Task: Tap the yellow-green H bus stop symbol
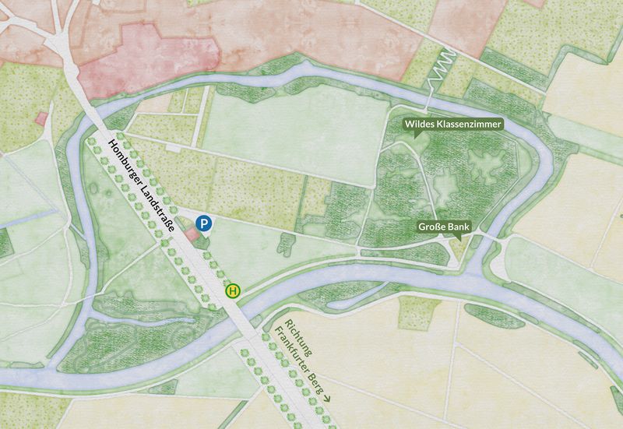coord(233,290)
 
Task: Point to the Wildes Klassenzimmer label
coord(452,124)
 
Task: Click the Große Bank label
coord(444,227)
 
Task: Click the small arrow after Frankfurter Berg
coord(326,397)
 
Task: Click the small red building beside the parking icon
coord(192,234)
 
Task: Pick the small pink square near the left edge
coord(41,118)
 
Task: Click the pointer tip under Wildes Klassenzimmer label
coord(417,135)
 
